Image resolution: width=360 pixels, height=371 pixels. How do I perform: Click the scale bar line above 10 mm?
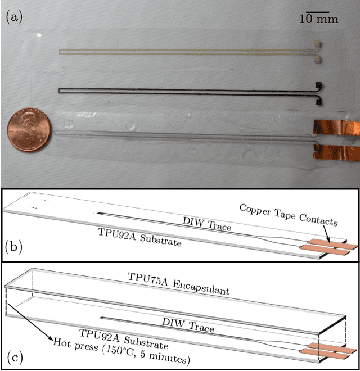318,11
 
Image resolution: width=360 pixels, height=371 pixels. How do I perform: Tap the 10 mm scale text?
318,20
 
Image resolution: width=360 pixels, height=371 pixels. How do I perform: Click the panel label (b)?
13,246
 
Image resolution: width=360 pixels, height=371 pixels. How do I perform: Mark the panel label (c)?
13,356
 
